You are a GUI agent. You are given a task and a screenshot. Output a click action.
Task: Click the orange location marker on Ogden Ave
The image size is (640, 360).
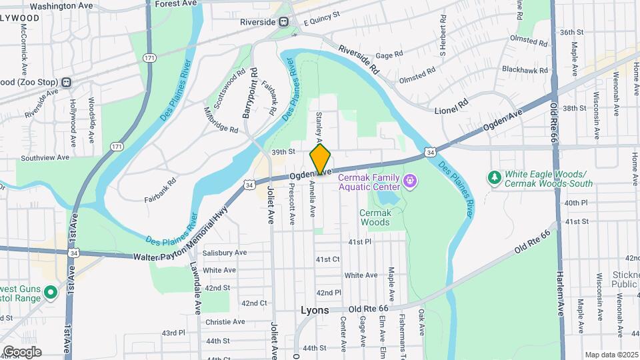coord(321,159)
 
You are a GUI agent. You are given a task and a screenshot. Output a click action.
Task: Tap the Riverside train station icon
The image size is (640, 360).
coord(284,22)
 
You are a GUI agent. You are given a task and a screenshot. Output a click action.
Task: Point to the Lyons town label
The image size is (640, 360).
coord(315,311)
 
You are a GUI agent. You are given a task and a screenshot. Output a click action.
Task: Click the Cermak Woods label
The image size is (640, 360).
coord(374,217)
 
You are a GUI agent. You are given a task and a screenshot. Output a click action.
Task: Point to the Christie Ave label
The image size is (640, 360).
coord(225,321)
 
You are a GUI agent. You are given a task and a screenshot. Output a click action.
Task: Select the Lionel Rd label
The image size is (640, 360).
coord(452,107)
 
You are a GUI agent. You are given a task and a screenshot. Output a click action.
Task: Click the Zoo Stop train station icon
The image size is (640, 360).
coord(66,82)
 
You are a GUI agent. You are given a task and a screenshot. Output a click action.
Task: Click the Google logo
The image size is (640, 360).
coord(21,352)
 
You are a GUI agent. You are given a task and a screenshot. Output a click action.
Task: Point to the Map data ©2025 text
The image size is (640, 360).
coord(611,355)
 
